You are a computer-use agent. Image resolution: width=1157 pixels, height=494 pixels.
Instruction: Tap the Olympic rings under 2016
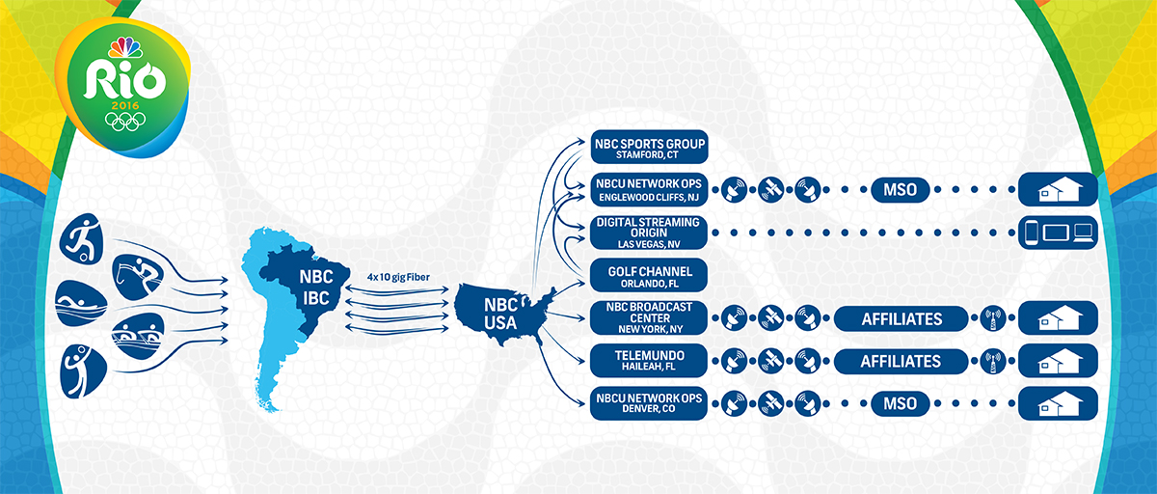pos(123,122)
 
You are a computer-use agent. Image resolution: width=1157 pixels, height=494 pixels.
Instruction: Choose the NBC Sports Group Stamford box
pos(649,148)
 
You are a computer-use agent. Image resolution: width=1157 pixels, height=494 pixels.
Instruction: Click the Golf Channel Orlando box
pos(649,274)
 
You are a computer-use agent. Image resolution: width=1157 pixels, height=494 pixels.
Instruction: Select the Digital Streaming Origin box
pos(649,233)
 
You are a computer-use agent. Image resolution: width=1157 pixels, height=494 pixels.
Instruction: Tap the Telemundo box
pos(649,361)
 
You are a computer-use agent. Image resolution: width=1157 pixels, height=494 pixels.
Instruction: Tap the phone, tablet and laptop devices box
pos(1058,233)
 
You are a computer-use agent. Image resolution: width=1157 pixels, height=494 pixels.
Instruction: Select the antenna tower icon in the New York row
pos(992,317)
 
